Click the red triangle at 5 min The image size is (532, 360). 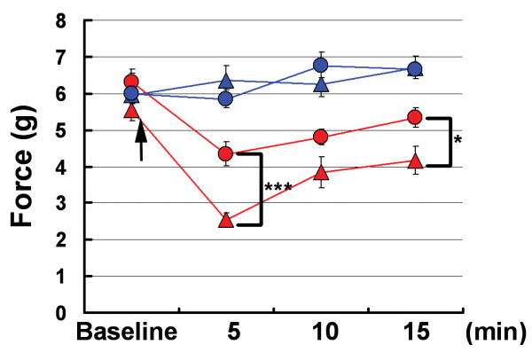click(x=225, y=220)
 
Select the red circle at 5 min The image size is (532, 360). click(x=225, y=153)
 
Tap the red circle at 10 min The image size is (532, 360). click(x=321, y=137)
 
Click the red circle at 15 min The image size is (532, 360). click(x=414, y=117)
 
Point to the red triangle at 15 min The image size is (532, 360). click(x=414, y=160)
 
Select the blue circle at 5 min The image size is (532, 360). click(x=225, y=98)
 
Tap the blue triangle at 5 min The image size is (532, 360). click(x=225, y=82)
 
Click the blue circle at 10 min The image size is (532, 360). click(x=321, y=65)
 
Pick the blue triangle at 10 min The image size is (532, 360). click(x=321, y=85)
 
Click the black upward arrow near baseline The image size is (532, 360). click(x=139, y=142)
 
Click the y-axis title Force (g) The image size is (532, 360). click(x=28, y=164)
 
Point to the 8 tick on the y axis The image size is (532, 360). click(x=63, y=20)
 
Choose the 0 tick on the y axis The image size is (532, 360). click(x=63, y=312)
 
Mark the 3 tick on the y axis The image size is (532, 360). click(x=63, y=203)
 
